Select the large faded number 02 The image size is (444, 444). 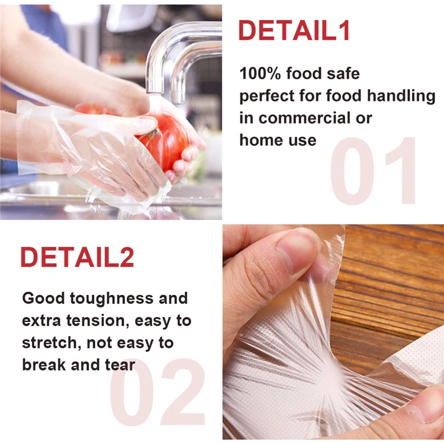(x=157, y=393)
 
